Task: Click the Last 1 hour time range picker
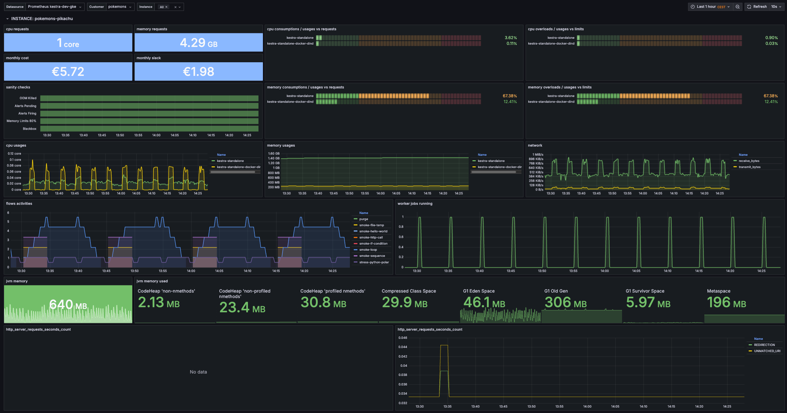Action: pyautogui.click(x=710, y=7)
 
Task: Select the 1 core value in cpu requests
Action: pyautogui.click(x=68, y=43)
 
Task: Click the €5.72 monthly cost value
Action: pyautogui.click(x=68, y=71)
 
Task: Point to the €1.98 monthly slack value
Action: pyautogui.click(x=199, y=71)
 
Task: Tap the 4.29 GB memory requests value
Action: pyautogui.click(x=199, y=43)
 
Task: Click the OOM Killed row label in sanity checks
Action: pyautogui.click(x=28, y=98)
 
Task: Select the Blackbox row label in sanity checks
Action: pyautogui.click(x=30, y=129)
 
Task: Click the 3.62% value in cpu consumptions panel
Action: pyautogui.click(x=510, y=38)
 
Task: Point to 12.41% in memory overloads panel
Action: pyautogui.click(x=771, y=102)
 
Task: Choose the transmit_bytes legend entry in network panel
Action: pyautogui.click(x=749, y=167)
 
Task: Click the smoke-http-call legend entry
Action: pyautogui.click(x=371, y=237)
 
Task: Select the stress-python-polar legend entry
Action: pyautogui.click(x=374, y=262)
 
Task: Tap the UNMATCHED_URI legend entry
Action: pyautogui.click(x=767, y=351)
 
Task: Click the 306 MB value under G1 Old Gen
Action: pyautogui.click(x=566, y=302)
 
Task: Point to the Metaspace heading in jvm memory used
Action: pyautogui.click(x=718, y=291)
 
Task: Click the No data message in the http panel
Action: pyautogui.click(x=198, y=372)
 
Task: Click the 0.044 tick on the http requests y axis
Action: pyautogui.click(x=403, y=347)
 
